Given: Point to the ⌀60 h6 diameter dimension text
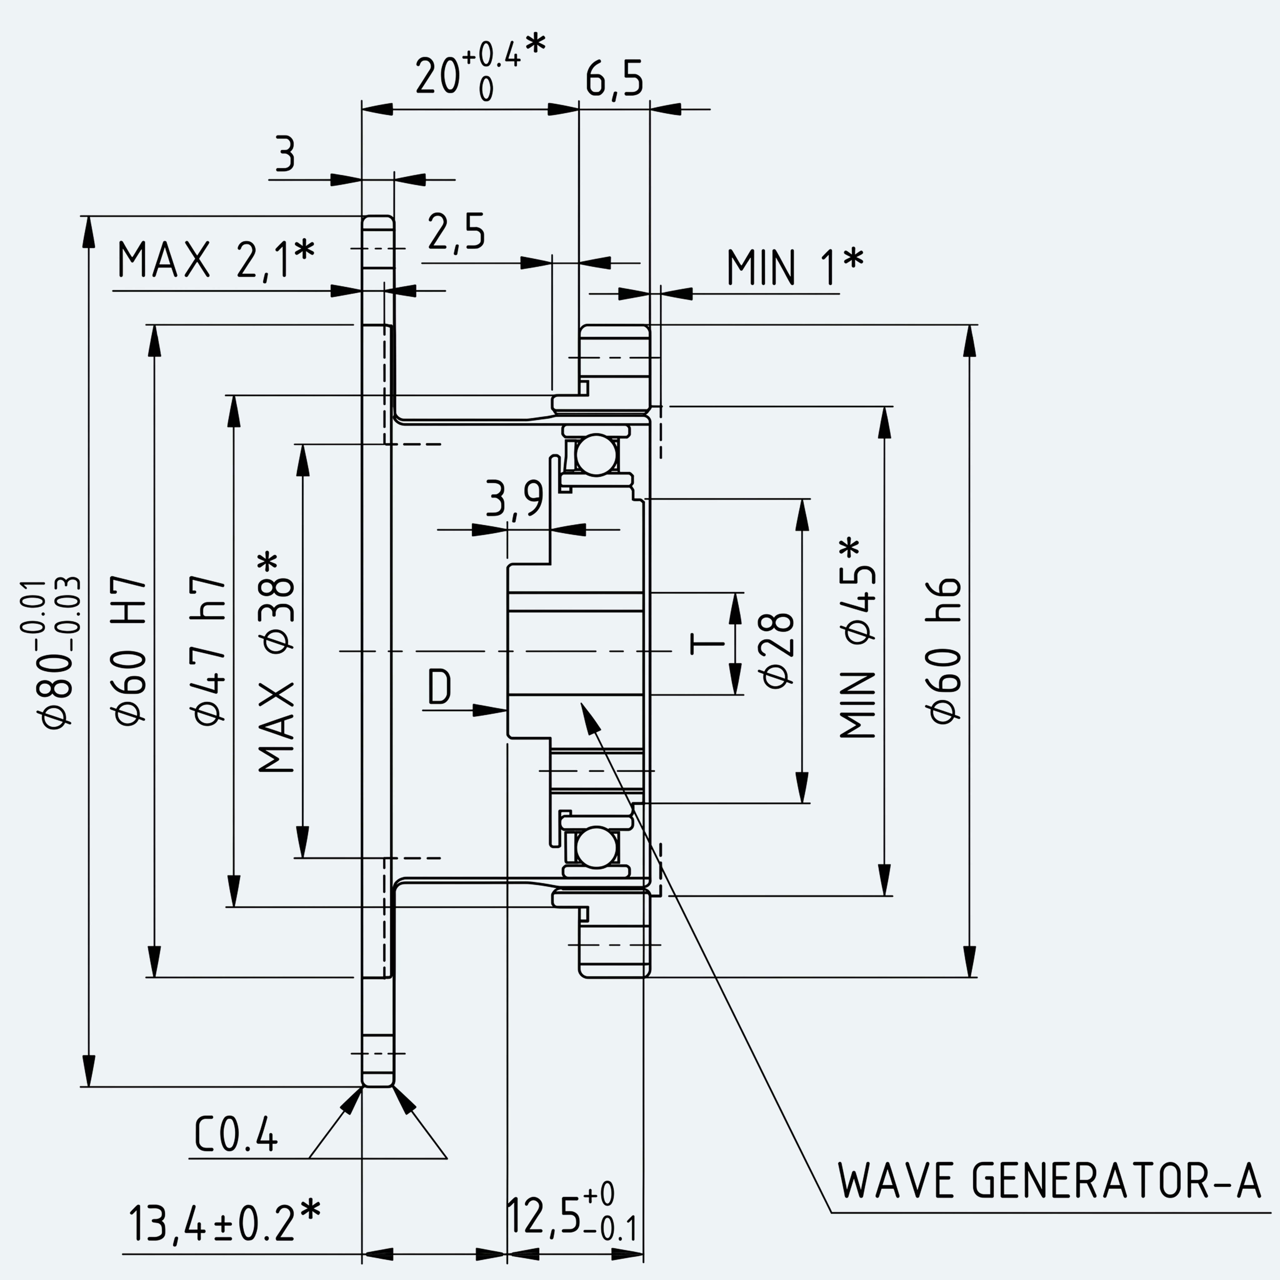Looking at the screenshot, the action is coord(944,651).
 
